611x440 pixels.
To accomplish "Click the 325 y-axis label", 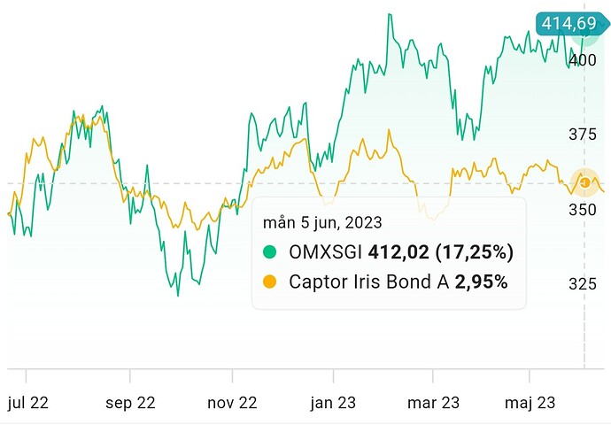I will pyautogui.click(x=583, y=283).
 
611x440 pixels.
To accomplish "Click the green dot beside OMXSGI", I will pyautogui.click(x=271, y=252).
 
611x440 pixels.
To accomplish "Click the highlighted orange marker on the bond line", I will pyautogui.click(x=584, y=182).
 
